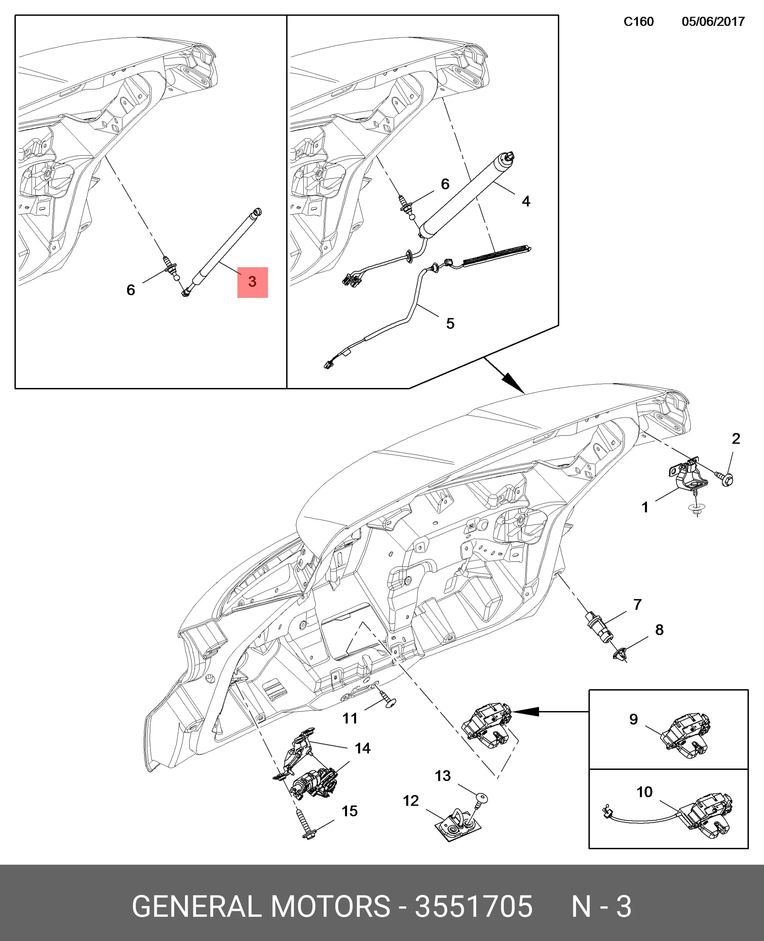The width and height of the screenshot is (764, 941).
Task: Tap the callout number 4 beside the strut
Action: pyautogui.click(x=526, y=201)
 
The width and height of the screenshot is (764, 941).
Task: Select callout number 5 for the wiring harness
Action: pyautogui.click(x=450, y=324)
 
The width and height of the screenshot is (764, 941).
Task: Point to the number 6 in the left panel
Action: pyautogui.click(x=131, y=290)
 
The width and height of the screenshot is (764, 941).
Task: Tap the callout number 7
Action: pyautogui.click(x=638, y=604)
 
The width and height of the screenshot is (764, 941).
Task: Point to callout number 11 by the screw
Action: pyautogui.click(x=350, y=718)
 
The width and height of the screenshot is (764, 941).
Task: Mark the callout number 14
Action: pyautogui.click(x=362, y=748)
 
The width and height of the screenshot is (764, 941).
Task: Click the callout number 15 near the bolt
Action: pyautogui.click(x=350, y=811)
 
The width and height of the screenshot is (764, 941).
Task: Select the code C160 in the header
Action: pyautogui.click(x=639, y=22)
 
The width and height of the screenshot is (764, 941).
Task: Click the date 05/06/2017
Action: pyautogui.click(x=713, y=22)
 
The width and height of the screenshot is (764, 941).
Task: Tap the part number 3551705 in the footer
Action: pyautogui.click(x=473, y=906)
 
